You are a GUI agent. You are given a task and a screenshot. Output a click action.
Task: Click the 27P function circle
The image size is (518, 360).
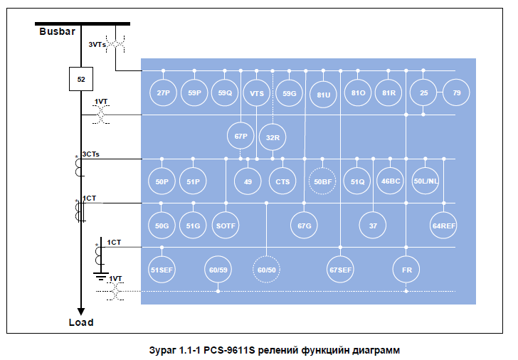pos(163,93)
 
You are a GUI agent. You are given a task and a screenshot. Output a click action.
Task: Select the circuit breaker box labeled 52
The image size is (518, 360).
pos(81,79)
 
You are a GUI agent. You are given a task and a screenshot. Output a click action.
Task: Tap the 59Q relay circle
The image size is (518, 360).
pos(226,93)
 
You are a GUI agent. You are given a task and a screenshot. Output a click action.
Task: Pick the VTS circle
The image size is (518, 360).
pos(256,93)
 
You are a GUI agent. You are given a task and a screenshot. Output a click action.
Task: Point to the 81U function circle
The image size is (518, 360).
pos(324,94)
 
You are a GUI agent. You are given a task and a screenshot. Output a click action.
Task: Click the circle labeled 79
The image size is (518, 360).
pos(456,93)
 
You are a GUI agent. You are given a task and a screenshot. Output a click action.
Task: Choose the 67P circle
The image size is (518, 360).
pos(240,136)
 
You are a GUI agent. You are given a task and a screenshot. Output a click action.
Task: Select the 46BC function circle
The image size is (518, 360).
pos(391,181)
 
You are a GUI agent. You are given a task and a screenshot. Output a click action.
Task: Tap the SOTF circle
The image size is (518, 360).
pos(226,226)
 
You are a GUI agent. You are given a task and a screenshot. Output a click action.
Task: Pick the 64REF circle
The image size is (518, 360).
pos(444,226)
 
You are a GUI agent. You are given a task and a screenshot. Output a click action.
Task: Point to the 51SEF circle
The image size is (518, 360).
pos(162,270)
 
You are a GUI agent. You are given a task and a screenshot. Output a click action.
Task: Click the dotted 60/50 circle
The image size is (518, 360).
pos(265,270)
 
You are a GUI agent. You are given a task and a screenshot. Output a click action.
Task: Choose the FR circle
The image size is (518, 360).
pos(406,270)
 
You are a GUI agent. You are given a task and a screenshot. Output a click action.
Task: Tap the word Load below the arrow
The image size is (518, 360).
pos(80,322)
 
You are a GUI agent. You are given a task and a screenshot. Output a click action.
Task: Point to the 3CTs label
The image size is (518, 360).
pos(91,154)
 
